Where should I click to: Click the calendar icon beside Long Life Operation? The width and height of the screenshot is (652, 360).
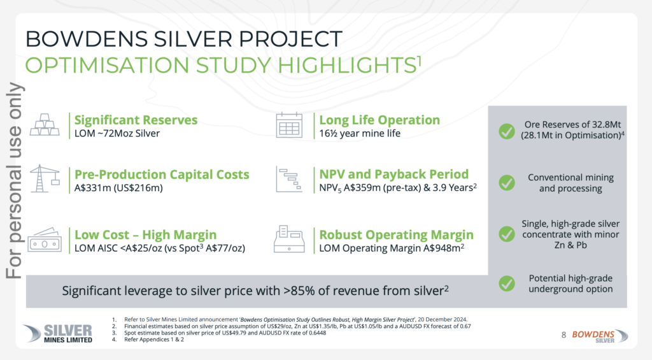tap(289, 125)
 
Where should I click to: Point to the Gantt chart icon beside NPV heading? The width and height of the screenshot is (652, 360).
tap(289, 180)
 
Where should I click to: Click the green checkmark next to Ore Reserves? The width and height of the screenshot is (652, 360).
tap(506, 131)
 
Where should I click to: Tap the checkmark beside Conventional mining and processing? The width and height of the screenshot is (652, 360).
tap(506, 183)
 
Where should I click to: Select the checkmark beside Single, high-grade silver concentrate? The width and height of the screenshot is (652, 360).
tap(506, 234)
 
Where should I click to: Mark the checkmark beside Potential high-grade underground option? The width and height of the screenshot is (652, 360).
tap(506, 284)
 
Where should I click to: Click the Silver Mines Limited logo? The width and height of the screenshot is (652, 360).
tap(57, 333)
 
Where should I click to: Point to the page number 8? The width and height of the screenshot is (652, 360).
tap(563, 334)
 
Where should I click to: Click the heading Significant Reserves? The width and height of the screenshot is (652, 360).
tap(136, 120)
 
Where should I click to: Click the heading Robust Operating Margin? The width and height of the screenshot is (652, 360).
tap(396, 234)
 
